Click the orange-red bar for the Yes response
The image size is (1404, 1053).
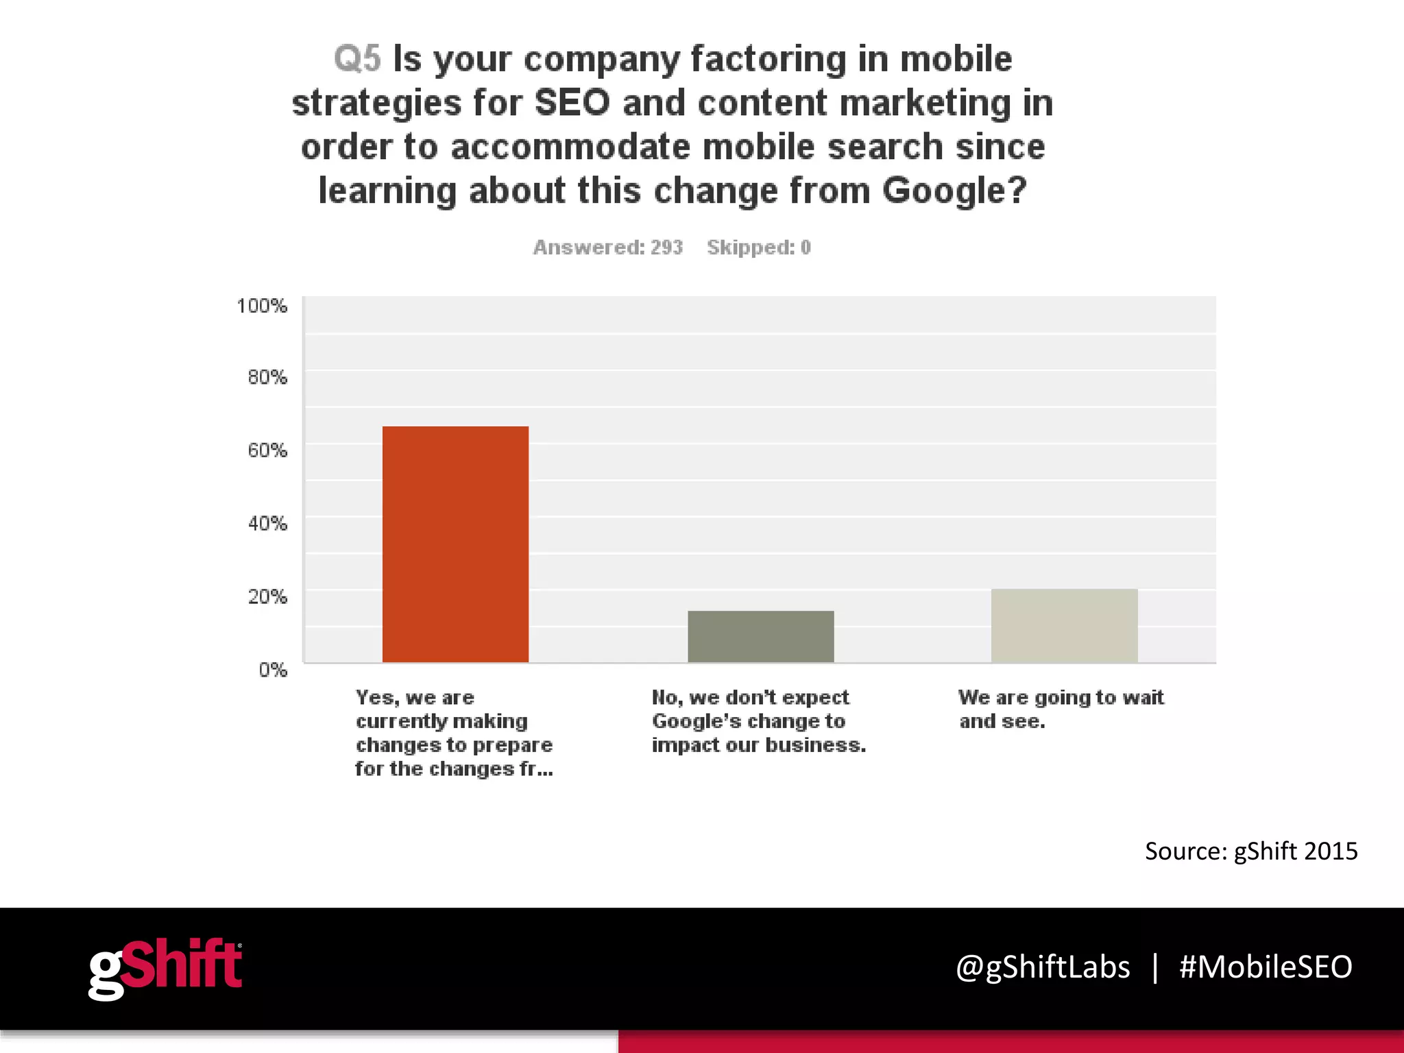pos(455,544)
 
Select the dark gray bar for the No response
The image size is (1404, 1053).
pos(760,636)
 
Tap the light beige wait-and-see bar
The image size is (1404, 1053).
pos(1064,625)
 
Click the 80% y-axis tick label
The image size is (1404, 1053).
pos(267,377)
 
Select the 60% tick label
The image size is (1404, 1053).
pos(267,450)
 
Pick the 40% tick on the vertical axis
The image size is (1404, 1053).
pos(267,524)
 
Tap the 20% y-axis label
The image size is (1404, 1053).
pos(267,596)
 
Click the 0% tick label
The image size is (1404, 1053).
pos(272,670)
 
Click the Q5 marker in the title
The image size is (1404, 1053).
pos(356,59)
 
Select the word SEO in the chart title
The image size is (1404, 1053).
pos(572,103)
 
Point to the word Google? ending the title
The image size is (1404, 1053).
pos(954,191)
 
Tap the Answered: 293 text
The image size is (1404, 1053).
pos(607,247)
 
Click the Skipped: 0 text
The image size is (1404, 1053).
pos(758,247)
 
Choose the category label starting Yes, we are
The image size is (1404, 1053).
pos(454,733)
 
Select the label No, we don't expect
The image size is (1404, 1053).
pos(758,721)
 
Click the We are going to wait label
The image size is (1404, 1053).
pos(1061,709)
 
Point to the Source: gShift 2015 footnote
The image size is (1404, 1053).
pos(1250,851)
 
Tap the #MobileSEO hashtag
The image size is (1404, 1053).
pos(1265,967)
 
